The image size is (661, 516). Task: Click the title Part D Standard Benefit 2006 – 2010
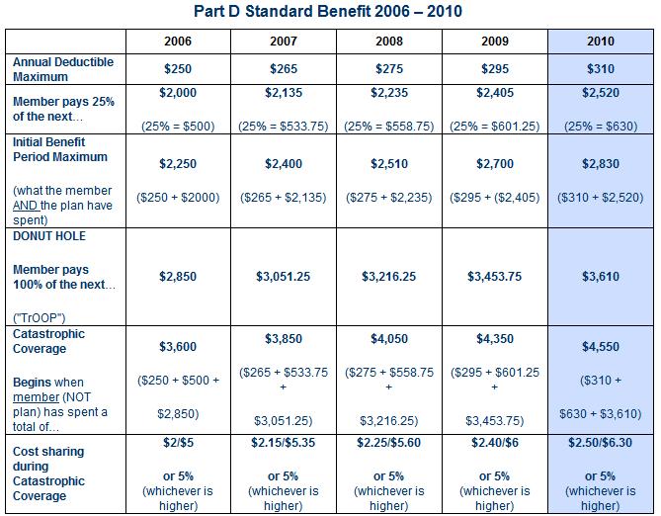tap(330, 12)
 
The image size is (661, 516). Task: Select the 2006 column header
tap(177, 42)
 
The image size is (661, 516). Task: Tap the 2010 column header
tap(600, 42)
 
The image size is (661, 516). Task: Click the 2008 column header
tap(389, 42)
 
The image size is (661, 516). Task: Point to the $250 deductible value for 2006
tap(177, 69)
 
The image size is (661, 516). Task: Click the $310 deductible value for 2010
tap(600, 69)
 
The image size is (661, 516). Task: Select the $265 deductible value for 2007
tap(283, 69)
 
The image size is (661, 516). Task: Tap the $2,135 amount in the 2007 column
tap(283, 93)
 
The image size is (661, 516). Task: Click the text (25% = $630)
tap(600, 126)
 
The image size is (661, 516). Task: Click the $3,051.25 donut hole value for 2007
tap(283, 277)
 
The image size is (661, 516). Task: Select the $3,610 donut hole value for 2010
tap(600, 277)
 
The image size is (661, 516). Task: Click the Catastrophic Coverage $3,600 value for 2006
tap(177, 347)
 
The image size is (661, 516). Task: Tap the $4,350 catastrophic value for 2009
tap(495, 339)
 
